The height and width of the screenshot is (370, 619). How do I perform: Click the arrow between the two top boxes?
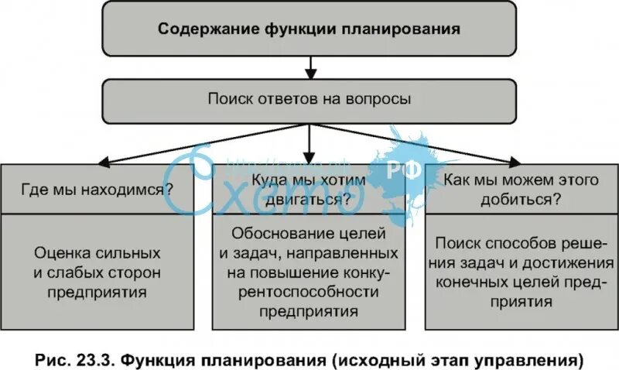click(309, 69)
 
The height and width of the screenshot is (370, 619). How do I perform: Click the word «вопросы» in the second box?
click(384, 100)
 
